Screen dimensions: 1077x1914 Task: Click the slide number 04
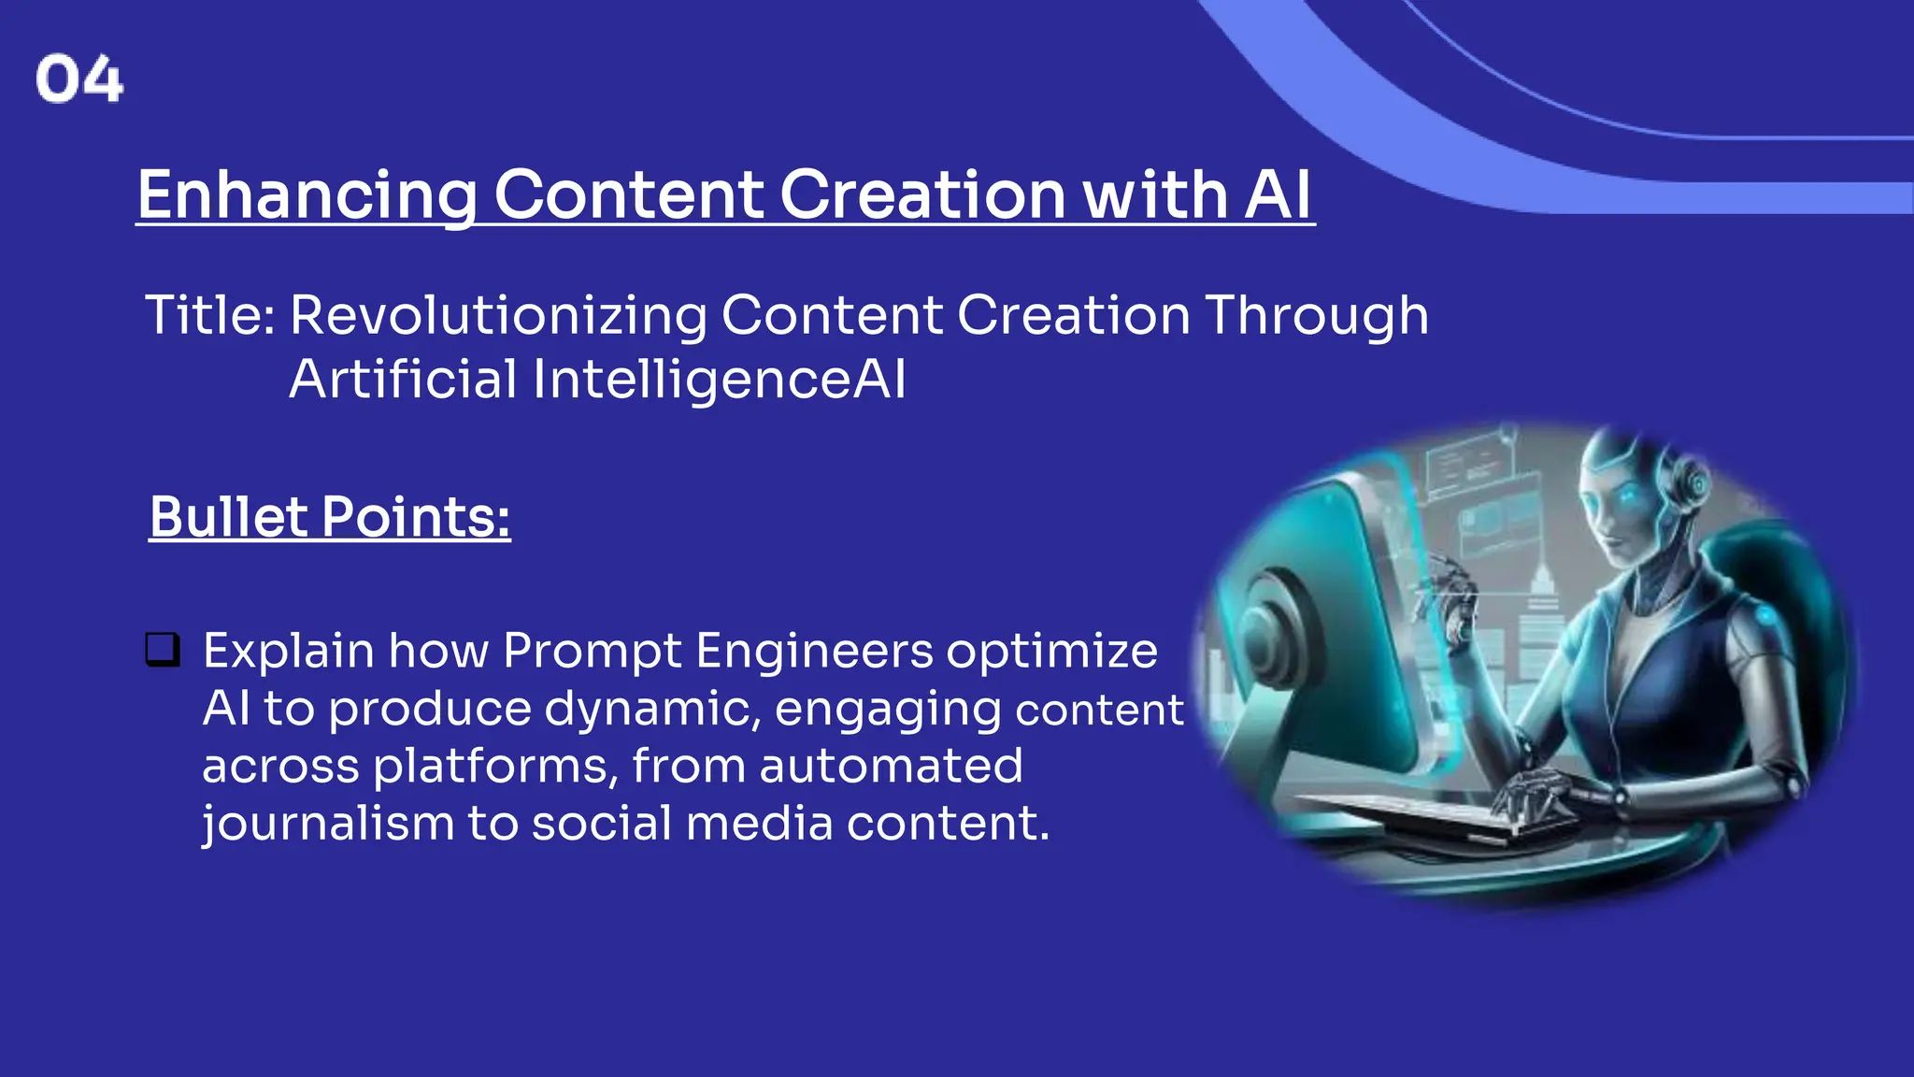click(79, 79)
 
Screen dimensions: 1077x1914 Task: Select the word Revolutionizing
click(498, 315)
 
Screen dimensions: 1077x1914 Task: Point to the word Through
click(1316, 315)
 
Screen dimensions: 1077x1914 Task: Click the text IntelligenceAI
click(719, 380)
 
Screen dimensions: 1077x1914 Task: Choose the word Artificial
click(403, 380)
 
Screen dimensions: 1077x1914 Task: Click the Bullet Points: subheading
click(330, 517)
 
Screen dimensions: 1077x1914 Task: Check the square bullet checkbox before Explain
click(163, 649)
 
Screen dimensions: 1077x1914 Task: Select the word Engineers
click(814, 651)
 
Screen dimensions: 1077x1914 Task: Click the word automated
click(891, 767)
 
